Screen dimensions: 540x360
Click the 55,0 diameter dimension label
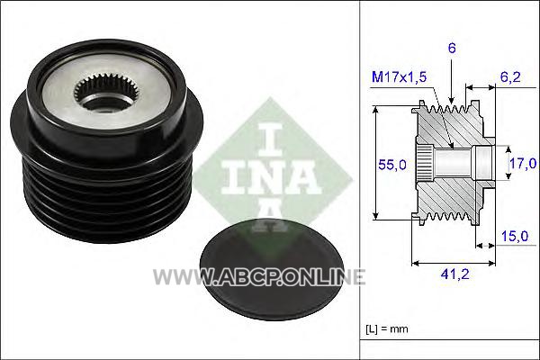(392, 165)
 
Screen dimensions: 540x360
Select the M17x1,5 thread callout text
(399, 76)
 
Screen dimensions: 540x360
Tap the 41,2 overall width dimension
(454, 274)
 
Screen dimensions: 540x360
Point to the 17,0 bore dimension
(523, 163)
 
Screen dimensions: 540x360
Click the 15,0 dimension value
(514, 236)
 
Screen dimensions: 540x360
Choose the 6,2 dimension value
(510, 76)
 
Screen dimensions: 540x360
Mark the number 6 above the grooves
(452, 49)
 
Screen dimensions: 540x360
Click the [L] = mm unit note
(386, 329)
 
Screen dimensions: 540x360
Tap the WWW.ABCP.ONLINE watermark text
(259, 276)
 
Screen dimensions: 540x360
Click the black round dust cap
(272, 270)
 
